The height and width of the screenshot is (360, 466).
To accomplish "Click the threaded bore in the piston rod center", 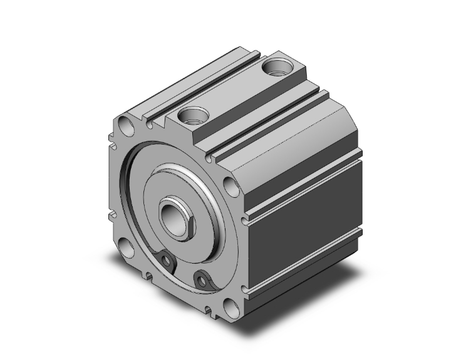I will pos(172,217).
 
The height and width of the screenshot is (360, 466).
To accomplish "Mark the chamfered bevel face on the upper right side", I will pos(294,128).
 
